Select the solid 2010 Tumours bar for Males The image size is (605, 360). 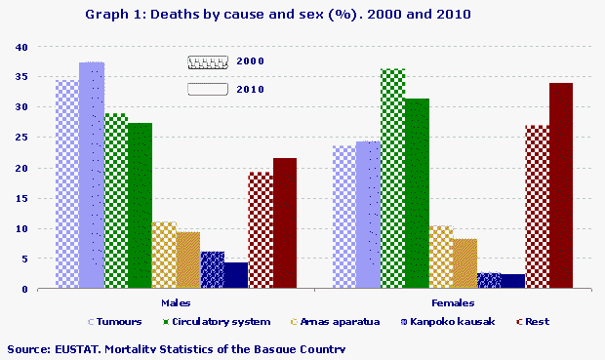[x=92, y=176]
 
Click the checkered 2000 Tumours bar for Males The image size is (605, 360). [x=66, y=184]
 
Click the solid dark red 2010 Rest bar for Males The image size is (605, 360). [x=284, y=223]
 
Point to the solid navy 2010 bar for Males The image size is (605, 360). [x=236, y=275]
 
